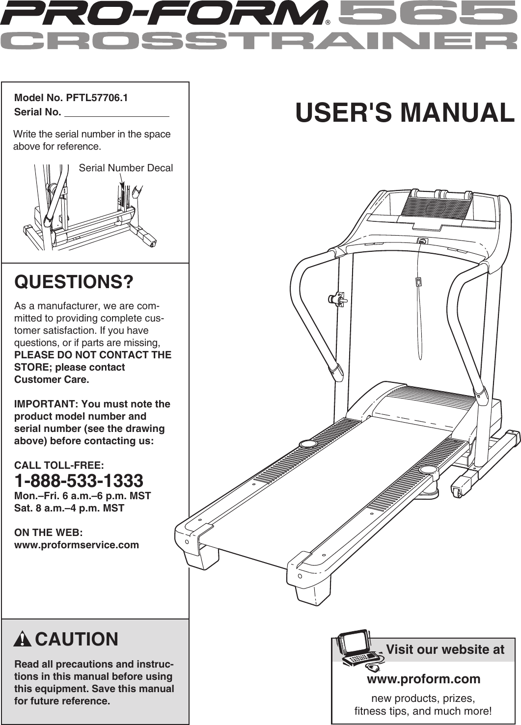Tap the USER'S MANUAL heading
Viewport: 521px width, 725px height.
[405, 112]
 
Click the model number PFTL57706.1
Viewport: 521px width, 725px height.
[97, 98]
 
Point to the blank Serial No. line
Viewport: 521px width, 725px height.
[117, 112]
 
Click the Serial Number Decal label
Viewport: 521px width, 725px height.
[126, 168]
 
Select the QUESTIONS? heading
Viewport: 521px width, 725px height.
[74, 282]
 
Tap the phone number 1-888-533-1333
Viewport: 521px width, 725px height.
[79, 481]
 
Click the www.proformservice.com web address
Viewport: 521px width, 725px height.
[77, 545]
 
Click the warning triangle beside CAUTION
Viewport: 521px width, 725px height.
[23, 640]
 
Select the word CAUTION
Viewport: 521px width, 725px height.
[77, 640]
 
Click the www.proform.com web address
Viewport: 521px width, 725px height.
[423, 679]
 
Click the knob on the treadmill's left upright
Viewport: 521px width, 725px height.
[337, 298]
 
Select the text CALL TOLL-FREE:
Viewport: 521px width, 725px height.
[59, 465]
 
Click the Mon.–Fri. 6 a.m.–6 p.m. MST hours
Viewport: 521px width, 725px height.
[82, 496]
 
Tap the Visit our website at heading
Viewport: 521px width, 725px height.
[445, 649]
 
